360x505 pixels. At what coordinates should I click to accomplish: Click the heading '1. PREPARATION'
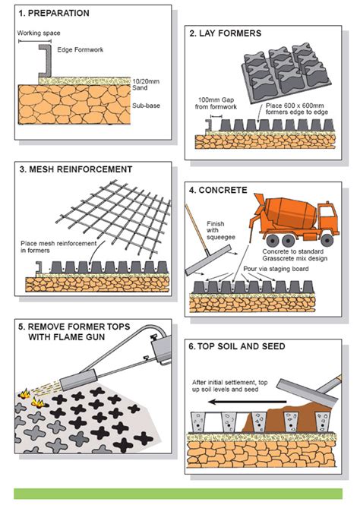(54, 13)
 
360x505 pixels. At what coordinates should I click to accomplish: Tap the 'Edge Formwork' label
(81, 49)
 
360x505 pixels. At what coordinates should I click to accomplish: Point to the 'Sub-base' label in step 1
(146, 106)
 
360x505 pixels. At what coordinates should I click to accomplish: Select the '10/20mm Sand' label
(146, 84)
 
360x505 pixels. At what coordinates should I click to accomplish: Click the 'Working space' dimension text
(39, 33)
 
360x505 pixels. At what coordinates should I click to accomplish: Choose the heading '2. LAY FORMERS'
(226, 33)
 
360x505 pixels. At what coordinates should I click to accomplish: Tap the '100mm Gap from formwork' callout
(216, 103)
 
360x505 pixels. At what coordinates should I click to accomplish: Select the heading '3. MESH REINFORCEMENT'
(76, 169)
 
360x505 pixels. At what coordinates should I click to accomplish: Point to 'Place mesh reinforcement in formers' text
(58, 247)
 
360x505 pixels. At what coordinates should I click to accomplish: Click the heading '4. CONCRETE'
(218, 190)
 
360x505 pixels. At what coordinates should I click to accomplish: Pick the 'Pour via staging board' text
(276, 269)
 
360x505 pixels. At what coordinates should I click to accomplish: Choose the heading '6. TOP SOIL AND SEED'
(237, 346)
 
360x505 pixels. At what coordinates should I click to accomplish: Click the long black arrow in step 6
(248, 402)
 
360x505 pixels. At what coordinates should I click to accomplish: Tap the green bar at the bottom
(178, 494)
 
